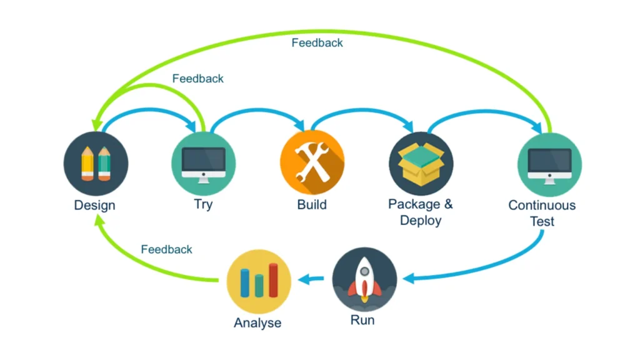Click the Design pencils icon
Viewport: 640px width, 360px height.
pos(96,164)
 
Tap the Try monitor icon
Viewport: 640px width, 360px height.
pos(204,164)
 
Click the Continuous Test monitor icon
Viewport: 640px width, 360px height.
pos(549,164)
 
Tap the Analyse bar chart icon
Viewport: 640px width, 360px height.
pos(259,281)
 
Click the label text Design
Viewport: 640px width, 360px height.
pos(94,205)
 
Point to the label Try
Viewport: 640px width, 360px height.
pos(203,204)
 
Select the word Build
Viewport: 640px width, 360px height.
pos(312,204)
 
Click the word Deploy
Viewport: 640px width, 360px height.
pos(421,220)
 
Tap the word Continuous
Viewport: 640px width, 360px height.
pos(542,205)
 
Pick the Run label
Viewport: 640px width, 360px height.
pos(362,320)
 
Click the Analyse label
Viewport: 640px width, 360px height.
pos(257,323)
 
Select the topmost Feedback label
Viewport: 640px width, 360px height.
pos(317,43)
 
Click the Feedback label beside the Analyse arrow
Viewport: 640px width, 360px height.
pos(167,249)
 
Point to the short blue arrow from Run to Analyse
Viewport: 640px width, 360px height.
pos(311,279)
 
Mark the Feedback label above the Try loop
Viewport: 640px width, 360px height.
pos(198,79)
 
